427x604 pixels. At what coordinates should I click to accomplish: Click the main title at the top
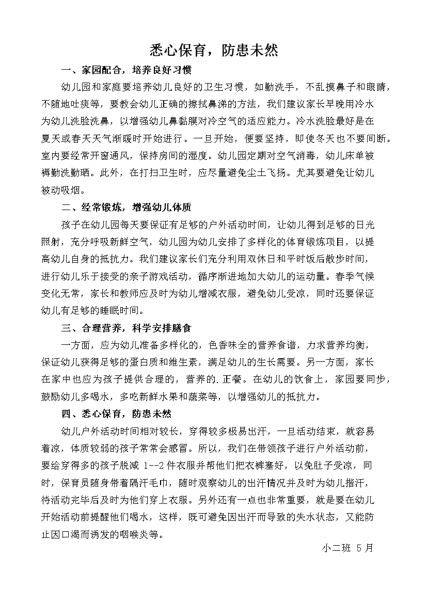pos(214,50)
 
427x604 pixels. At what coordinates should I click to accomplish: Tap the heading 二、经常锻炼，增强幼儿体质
pos(126,208)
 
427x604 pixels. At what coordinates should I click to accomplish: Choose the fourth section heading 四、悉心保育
pos(116,414)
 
